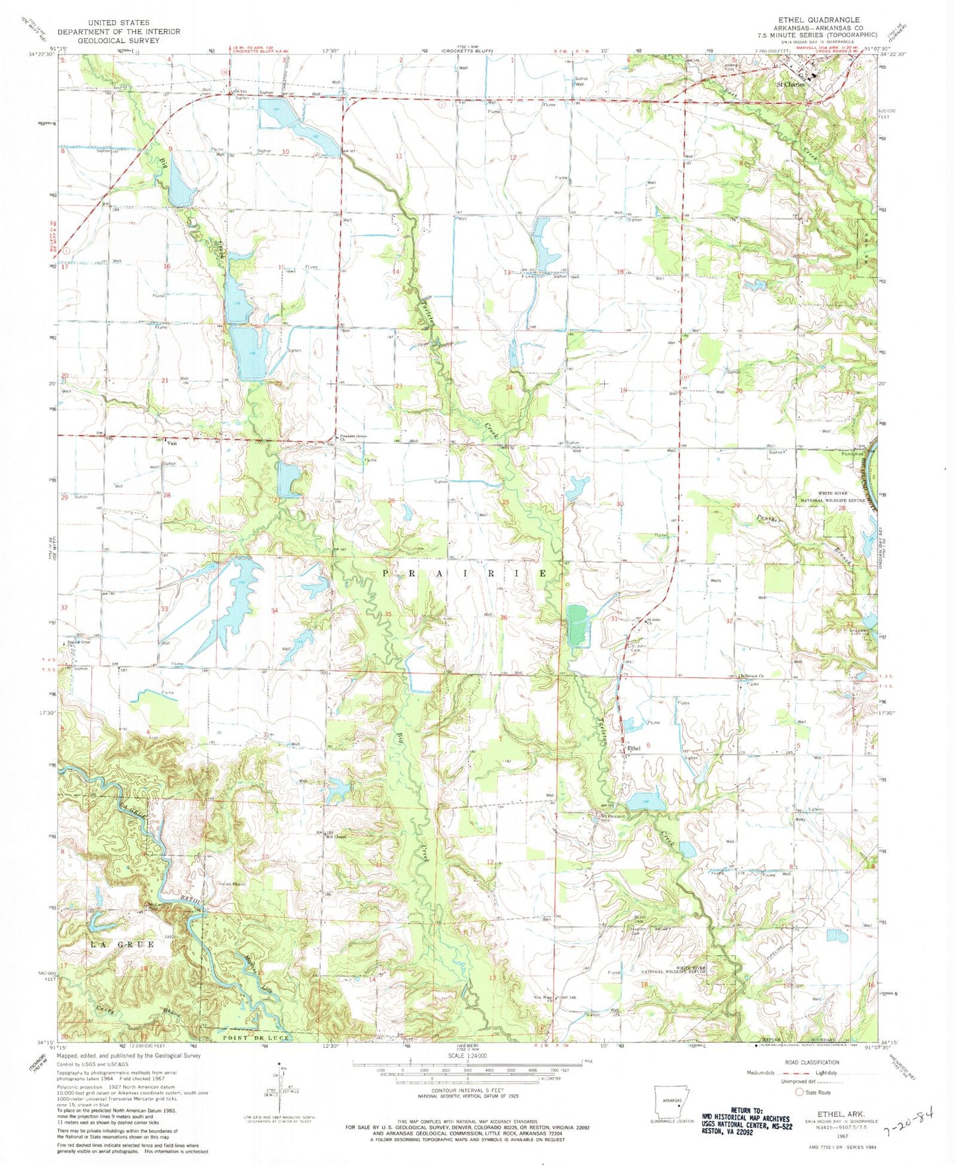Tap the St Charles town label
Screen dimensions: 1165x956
(x=791, y=85)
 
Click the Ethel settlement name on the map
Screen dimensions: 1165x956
(x=634, y=748)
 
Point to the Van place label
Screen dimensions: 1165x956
(x=174, y=443)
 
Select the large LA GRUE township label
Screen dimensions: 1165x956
(x=122, y=944)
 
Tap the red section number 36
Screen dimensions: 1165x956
(x=503, y=618)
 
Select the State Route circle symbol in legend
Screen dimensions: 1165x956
(x=800, y=1092)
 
